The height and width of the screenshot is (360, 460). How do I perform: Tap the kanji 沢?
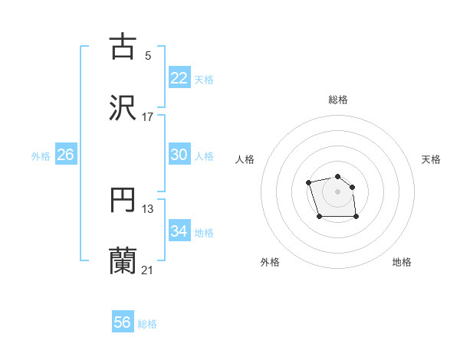pyautogui.click(x=123, y=108)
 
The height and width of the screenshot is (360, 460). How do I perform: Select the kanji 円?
pyautogui.click(x=123, y=200)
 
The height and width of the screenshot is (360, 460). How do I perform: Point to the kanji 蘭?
pyautogui.click(x=123, y=260)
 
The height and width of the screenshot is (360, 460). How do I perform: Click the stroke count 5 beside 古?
pyautogui.click(x=147, y=55)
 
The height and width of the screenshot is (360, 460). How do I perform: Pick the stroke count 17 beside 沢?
pyautogui.click(x=147, y=117)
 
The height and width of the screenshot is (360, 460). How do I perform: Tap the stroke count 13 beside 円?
pyautogui.click(x=148, y=209)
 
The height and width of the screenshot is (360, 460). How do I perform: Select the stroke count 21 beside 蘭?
pyautogui.click(x=147, y=270)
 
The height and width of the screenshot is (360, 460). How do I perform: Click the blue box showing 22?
pyautogui.click(x=179, y=78)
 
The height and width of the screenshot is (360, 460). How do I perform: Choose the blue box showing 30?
pyautogui.click(x=179, y=155)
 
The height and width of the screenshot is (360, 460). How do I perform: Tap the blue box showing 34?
pyautogui.click(x=179, y=231)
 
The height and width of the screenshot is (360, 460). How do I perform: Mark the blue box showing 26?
pyautogui.click(x=66, y=155)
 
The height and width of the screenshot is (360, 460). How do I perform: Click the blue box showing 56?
pyautogui.click(x=123, y=323)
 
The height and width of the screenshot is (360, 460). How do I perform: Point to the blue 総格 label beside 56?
pyautogui.click(x=147, y=324)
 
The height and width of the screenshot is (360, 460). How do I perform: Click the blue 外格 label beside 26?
pyautogui.click(x=41, y=156)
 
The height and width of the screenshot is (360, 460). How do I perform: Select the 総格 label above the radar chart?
pyautogui.click(x=338, y=100)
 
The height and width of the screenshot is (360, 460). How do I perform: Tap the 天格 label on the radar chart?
pyautogui.click(x=432, y=159)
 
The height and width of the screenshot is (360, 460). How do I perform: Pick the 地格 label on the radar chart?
pyautogui.click(x=402, y=262)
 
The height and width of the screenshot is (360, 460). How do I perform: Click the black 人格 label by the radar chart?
pyautogui.click(x=245, y=159)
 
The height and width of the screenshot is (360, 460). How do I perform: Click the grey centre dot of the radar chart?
pyautogui.click(x=337, y=191)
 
